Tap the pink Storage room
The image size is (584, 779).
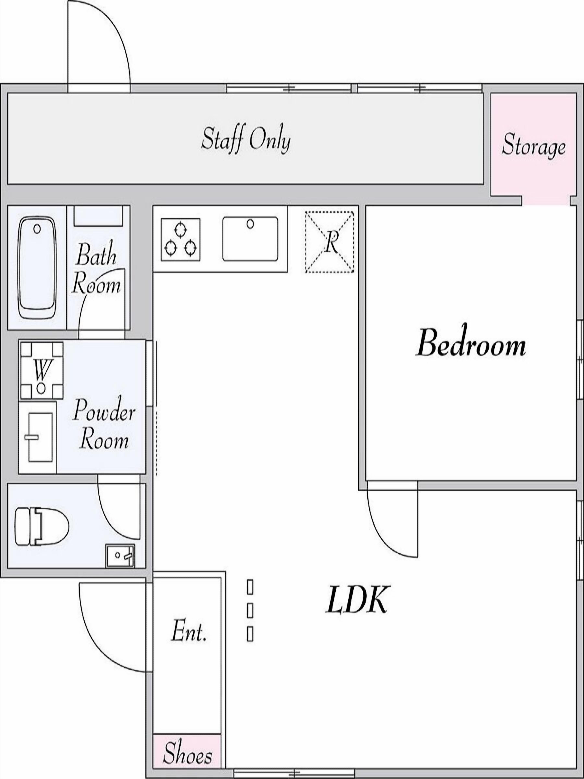534,148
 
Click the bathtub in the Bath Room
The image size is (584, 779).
37,268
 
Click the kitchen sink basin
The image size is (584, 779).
250,239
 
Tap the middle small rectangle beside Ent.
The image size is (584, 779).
250,610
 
